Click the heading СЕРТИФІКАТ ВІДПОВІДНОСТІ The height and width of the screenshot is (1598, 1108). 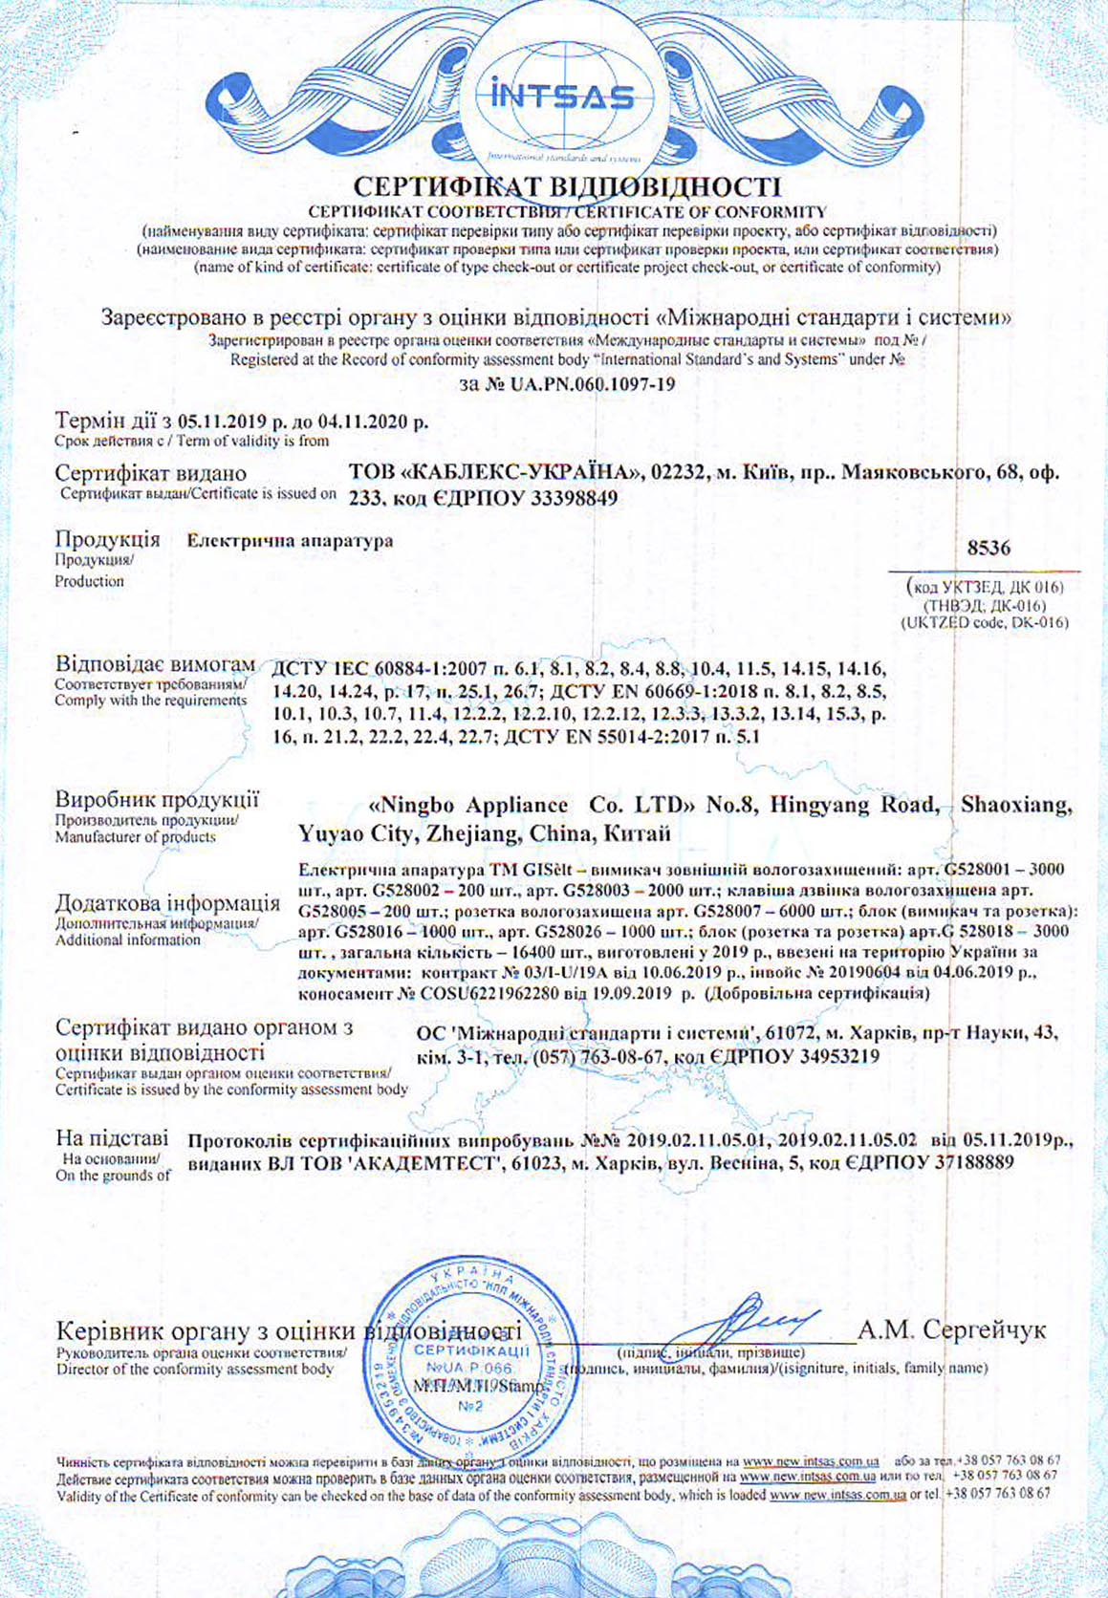coord(567,186)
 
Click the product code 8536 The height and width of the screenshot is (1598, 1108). coord(988,549)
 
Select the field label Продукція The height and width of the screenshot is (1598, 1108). coord(107,539)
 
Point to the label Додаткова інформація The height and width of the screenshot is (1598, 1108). coord(167,903)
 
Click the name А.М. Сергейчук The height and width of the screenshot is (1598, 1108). coord(951,1329)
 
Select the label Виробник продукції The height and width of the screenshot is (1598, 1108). coord(157,800)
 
